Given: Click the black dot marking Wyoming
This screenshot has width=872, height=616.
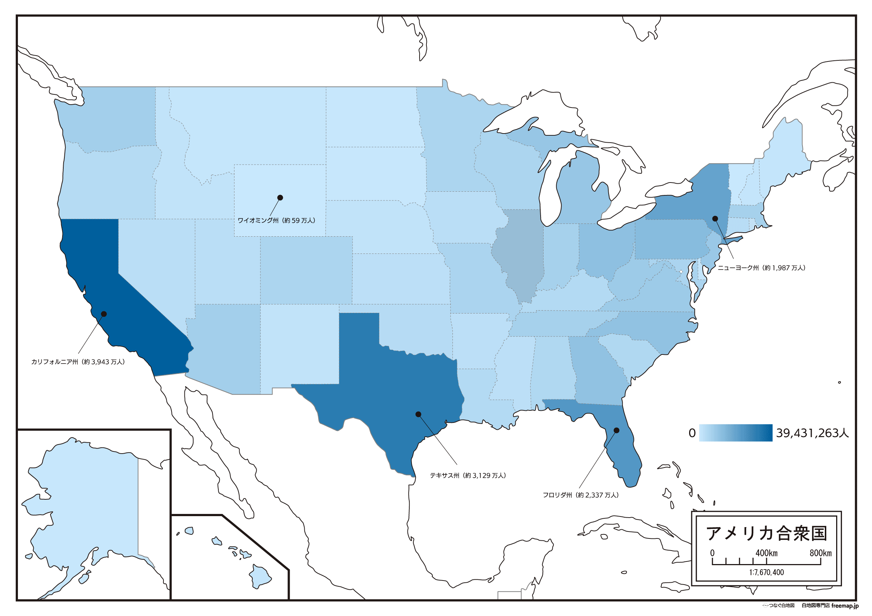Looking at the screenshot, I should (x=280, y=198).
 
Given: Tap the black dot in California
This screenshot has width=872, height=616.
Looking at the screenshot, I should (x=104, y=314).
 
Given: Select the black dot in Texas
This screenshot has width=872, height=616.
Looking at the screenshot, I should (x=418, y=414).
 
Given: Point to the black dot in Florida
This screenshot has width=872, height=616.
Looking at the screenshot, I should (x=616, y=430).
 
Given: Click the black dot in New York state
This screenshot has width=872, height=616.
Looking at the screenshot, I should (x=715, y=218).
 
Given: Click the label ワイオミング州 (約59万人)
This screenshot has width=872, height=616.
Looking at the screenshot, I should (x=276, y=221).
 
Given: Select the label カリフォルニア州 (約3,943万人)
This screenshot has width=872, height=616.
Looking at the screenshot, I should (x=78, y=362).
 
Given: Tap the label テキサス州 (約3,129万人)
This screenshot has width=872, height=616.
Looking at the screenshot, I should (x=467, y=476).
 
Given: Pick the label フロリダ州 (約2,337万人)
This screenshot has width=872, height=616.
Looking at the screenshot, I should (x=580, y=495).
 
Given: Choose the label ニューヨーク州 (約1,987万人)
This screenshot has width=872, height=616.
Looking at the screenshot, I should (x=761, y=268).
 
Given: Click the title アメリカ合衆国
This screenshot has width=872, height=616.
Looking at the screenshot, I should (x=766, y=534).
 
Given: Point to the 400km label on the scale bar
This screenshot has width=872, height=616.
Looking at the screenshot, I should (x=766, y=553).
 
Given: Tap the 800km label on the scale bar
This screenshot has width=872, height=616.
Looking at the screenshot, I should (x=820, y=553).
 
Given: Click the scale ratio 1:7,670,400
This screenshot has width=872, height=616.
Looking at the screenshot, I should (x=766, y=572).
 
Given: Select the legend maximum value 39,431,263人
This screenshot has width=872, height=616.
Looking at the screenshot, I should (x=812, y=433).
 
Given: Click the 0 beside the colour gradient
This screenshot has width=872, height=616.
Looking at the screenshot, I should (x=692, y=433).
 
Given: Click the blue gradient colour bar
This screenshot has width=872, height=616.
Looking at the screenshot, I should (x=735, y=433).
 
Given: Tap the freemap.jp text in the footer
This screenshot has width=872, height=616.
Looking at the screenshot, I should (x=845, y=605).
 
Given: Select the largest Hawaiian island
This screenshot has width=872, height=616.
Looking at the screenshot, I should (x=260, y=576).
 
